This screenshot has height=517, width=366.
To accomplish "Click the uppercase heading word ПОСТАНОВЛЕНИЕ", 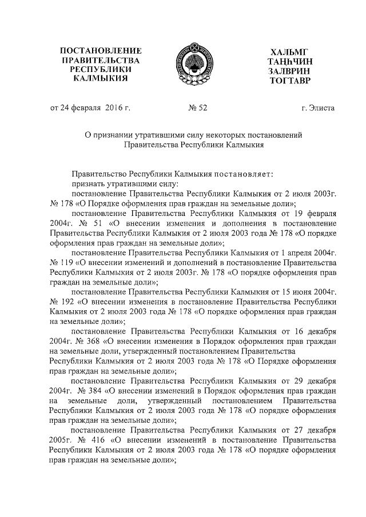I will tap(101, 51).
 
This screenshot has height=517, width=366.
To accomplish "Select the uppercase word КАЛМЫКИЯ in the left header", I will tap(101, 78).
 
